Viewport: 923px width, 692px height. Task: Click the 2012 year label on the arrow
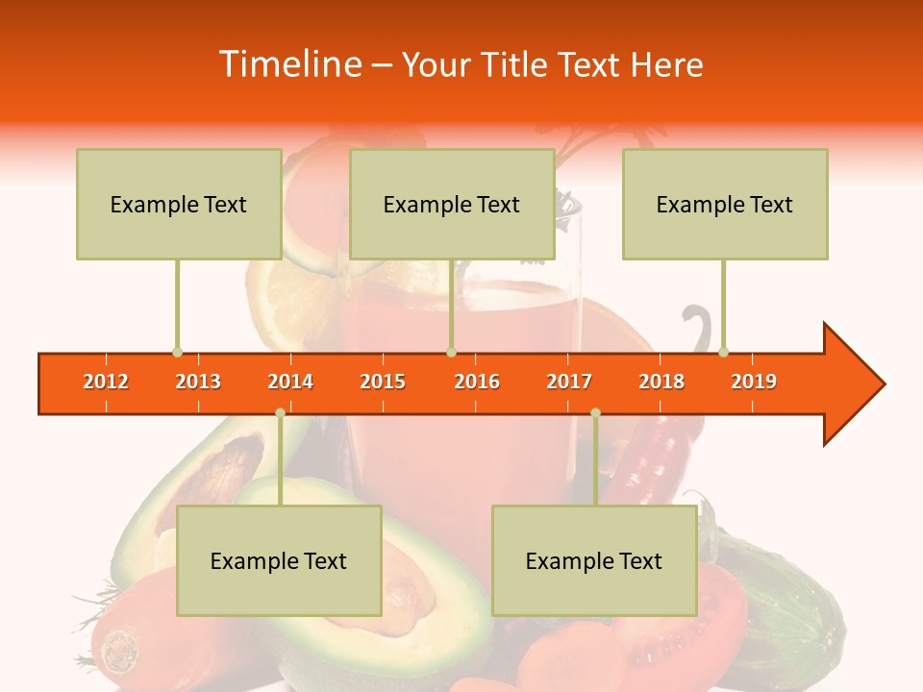106,382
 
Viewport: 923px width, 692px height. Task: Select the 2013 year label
198,382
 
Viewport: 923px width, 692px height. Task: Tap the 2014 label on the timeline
290,382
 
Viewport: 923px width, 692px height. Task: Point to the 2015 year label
383,382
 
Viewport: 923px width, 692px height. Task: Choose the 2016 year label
477,382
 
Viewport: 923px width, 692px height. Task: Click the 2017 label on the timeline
569,382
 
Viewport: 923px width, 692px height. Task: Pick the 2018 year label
661,382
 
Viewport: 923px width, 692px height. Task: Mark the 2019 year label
754,382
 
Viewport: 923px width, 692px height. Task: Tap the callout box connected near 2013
179,204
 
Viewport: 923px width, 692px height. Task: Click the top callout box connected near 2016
452,204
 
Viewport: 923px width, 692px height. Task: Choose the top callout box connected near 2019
725,204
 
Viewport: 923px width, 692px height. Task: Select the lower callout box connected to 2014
279,560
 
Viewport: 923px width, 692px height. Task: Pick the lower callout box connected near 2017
594,560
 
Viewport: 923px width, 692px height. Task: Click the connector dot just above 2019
724,352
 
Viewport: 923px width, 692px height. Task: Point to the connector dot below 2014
280,412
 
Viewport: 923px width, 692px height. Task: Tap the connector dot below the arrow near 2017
595,412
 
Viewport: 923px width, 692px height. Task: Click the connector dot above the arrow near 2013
177,352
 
